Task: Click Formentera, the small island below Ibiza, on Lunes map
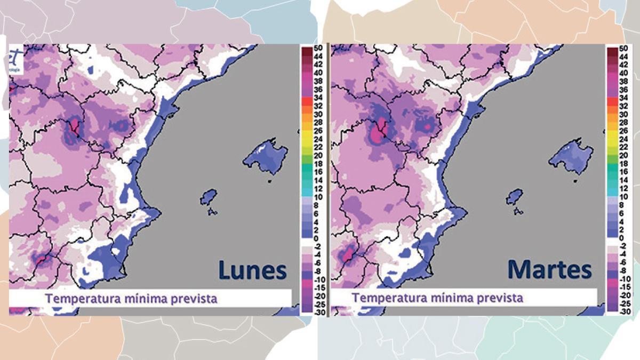pos(213,212)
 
